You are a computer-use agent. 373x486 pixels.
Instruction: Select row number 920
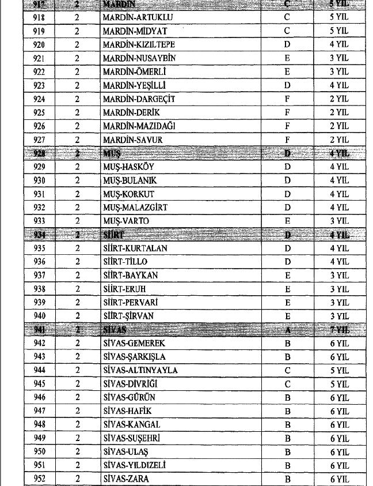click(39, 44)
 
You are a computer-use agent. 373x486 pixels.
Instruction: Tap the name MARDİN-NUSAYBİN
click(139, 58)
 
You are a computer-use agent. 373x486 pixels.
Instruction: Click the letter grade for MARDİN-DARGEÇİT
click(287, 99)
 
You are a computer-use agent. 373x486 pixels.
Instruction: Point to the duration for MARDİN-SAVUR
click(339, 140)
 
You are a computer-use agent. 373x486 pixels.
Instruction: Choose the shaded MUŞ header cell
click(110, 153)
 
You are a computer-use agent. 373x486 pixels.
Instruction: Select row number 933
click(39, 221)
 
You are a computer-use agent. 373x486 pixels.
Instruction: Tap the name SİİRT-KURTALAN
click(135, 248)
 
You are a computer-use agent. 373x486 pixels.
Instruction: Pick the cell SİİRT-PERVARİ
click(130, 303)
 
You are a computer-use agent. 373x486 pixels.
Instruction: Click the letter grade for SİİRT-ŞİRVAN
click(287, 317)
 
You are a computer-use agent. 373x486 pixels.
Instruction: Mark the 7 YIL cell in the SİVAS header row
click(339, 330)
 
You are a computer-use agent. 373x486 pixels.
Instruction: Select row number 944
click(39, 371)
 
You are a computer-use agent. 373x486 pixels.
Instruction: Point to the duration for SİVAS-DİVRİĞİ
click(339, 385)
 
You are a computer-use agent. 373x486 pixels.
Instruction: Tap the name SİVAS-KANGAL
click(127, 425)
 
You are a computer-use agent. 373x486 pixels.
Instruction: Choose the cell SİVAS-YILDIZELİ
click(134, 466)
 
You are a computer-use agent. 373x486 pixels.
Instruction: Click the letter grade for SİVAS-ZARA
click(287, 479)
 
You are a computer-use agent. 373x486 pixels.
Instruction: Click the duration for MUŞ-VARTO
click(339, 221)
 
